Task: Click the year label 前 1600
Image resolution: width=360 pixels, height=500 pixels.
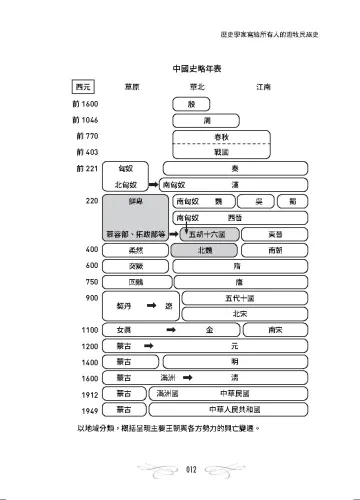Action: tap(87, 105)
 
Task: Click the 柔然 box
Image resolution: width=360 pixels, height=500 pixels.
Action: tap(124, 249)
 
